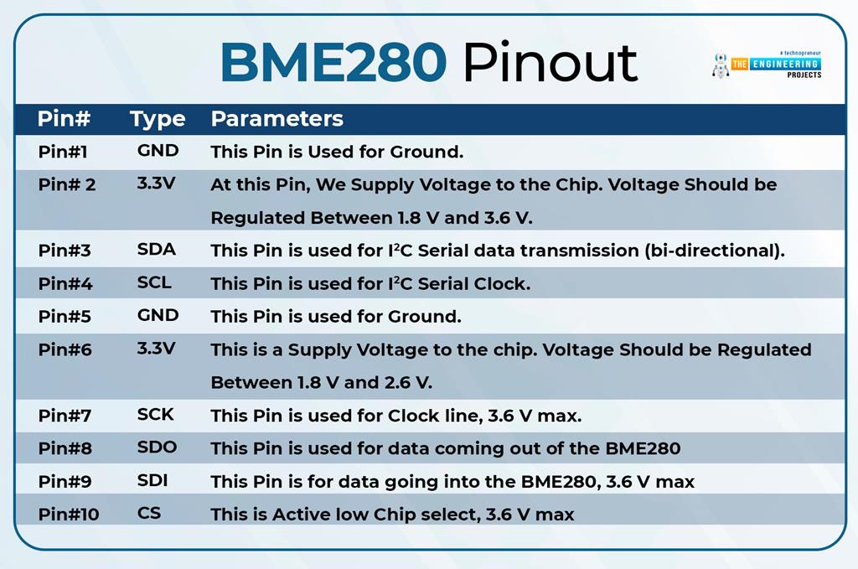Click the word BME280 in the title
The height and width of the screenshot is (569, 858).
coord(334,61)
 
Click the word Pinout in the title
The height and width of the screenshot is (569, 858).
coord(550,61)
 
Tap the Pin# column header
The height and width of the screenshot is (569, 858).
coord(64,119)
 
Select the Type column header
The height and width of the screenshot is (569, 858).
coord(158,119)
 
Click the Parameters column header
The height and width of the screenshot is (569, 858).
coord(277,119)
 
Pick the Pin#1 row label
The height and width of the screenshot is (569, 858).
coord(63,152)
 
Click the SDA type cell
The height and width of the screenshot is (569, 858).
coord(156,250)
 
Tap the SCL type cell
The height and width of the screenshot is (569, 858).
coord(154,283)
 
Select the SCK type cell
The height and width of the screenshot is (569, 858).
coord(155,414)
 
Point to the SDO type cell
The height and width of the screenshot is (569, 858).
coord(157,447)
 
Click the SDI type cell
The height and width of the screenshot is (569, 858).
coord(152,481)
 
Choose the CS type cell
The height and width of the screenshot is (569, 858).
coord(149,513)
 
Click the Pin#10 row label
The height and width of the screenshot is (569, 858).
coord(68,514)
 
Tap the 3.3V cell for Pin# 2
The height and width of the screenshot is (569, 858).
coord(156,183)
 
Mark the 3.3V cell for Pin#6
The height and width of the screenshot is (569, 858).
coord(156,348)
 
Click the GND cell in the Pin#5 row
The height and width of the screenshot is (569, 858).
coord(158,316)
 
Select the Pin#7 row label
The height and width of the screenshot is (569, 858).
coord(65,415)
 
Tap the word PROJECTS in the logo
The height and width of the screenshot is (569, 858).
coord(804,75)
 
